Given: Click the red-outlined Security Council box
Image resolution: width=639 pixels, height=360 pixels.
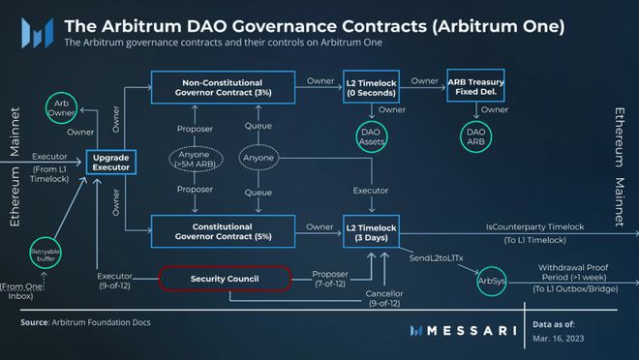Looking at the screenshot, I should coord(224,279).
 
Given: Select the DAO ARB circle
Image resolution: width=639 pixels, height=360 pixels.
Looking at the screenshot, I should coord(475,138).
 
